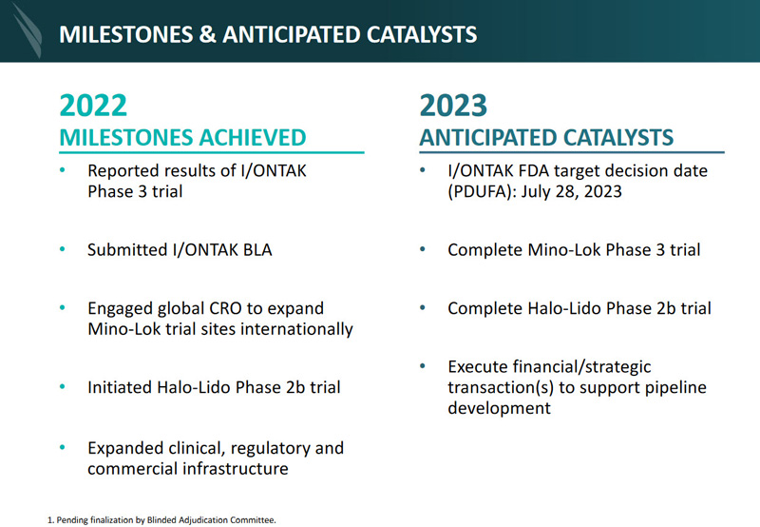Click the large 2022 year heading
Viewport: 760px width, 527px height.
[x=93, y=106]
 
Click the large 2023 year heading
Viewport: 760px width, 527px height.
[x=453, y=106]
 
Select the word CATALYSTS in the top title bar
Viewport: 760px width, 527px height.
[x=422, y=34]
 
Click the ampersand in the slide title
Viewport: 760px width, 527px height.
[x=207, y=34]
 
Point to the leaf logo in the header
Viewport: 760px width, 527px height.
[x=28, y=30]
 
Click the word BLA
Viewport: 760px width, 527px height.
[x=257, y=250]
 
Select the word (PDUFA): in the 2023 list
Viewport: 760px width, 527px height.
[x=482, y=192]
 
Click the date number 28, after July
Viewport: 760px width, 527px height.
[x=567, y=192]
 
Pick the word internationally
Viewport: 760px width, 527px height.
[x=296, y=329]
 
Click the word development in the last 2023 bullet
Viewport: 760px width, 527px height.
[x=500, y=408]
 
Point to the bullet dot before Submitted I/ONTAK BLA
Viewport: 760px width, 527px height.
[x=62, y=249]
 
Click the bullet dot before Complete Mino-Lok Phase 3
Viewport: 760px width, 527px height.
[x=423, y=249]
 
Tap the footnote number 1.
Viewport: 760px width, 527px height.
[x=50, y=520]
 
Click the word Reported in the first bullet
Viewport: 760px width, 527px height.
[x=123, y=171]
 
